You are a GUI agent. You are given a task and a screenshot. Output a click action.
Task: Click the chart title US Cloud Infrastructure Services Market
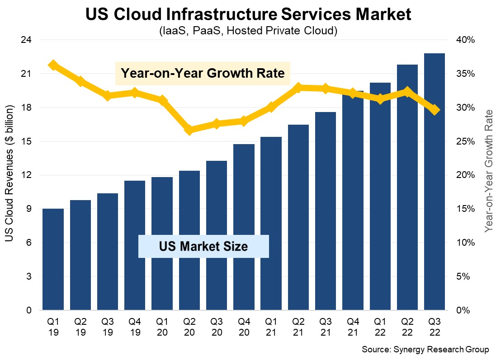[x=248, y=14]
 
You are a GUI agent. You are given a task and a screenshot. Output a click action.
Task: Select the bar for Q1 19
[x=53, y=260]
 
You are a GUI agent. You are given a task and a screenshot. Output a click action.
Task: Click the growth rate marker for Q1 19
[x=53, y=65]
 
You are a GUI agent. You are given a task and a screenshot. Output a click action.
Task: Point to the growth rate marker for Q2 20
[x=190, y=130]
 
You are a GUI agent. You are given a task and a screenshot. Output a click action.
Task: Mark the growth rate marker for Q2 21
[x=298, y=88]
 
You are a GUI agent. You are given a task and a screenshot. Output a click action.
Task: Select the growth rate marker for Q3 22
[x=435, y=110]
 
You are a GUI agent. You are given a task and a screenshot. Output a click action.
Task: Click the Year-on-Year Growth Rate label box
[x=202, y=73]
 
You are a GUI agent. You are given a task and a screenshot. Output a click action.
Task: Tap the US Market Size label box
[x=203, y=246]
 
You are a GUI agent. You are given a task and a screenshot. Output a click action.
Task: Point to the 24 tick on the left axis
[x=26, y=40]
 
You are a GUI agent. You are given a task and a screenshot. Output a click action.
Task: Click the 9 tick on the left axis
[x=28, y=209]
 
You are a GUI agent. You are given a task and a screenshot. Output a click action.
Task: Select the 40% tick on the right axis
[x=465, y=40]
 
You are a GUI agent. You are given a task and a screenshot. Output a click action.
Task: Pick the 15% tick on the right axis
[x=465, y=209]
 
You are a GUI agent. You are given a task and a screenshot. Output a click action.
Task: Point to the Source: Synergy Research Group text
[x=425, y=350]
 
